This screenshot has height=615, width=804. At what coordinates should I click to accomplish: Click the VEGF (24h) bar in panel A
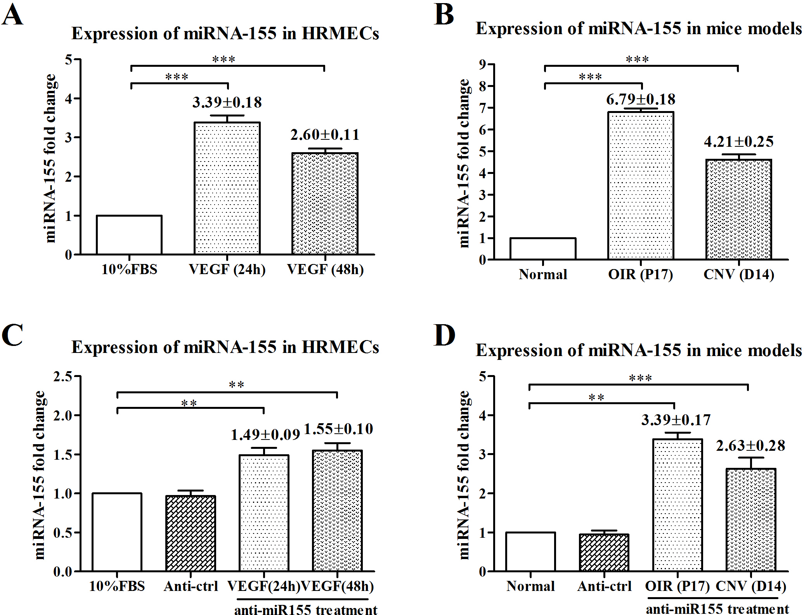coord(227,188)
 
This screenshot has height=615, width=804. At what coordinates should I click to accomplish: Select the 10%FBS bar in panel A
coord(129,235)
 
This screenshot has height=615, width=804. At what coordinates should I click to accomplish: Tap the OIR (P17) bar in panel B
coord(641,186)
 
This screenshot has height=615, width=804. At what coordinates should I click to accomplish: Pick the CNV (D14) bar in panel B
coord(738,209)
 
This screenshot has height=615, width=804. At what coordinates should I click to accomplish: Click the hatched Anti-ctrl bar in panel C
coord(191,533)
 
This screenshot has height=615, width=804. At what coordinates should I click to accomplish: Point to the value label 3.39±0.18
coord(227,102)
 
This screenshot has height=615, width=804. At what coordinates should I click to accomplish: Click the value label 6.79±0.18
coord(641,99)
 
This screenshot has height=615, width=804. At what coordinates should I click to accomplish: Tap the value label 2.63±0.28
coord(750,446)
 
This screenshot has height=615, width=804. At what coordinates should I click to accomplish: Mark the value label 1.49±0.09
coord(265,435)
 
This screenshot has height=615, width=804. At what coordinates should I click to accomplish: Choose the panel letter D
coord(445,335)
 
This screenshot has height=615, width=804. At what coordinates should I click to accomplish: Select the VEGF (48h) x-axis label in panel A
coord(325,269)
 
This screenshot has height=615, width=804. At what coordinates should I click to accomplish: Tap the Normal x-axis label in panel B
coord(543,274)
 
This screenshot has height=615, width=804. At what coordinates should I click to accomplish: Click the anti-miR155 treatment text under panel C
coord(305,610)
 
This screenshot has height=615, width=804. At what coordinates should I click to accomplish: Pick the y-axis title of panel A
coord(50,158)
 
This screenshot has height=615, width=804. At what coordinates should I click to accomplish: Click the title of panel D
coord(638,350)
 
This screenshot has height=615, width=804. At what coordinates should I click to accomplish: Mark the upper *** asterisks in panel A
coord(224,59)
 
